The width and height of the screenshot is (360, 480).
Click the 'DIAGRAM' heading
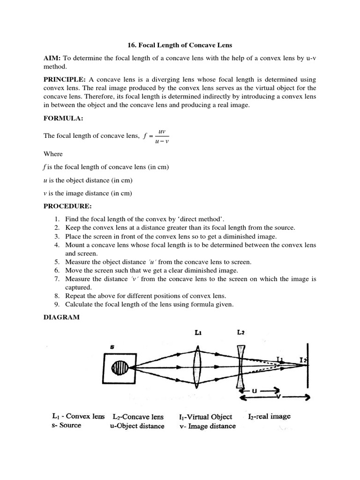click(61, 317)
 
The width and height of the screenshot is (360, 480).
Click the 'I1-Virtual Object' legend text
click(205, 417)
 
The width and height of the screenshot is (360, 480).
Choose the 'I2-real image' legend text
click(269, 416)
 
